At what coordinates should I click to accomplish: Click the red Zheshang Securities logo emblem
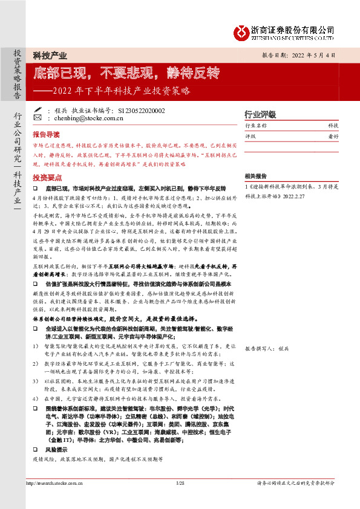242,30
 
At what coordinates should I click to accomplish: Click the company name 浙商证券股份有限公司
293,28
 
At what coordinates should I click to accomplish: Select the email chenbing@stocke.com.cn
80,118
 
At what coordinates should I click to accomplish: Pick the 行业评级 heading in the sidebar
260,114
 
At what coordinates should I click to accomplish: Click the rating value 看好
333,137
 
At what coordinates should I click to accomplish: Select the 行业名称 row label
256,126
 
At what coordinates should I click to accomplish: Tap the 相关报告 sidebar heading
256,176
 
